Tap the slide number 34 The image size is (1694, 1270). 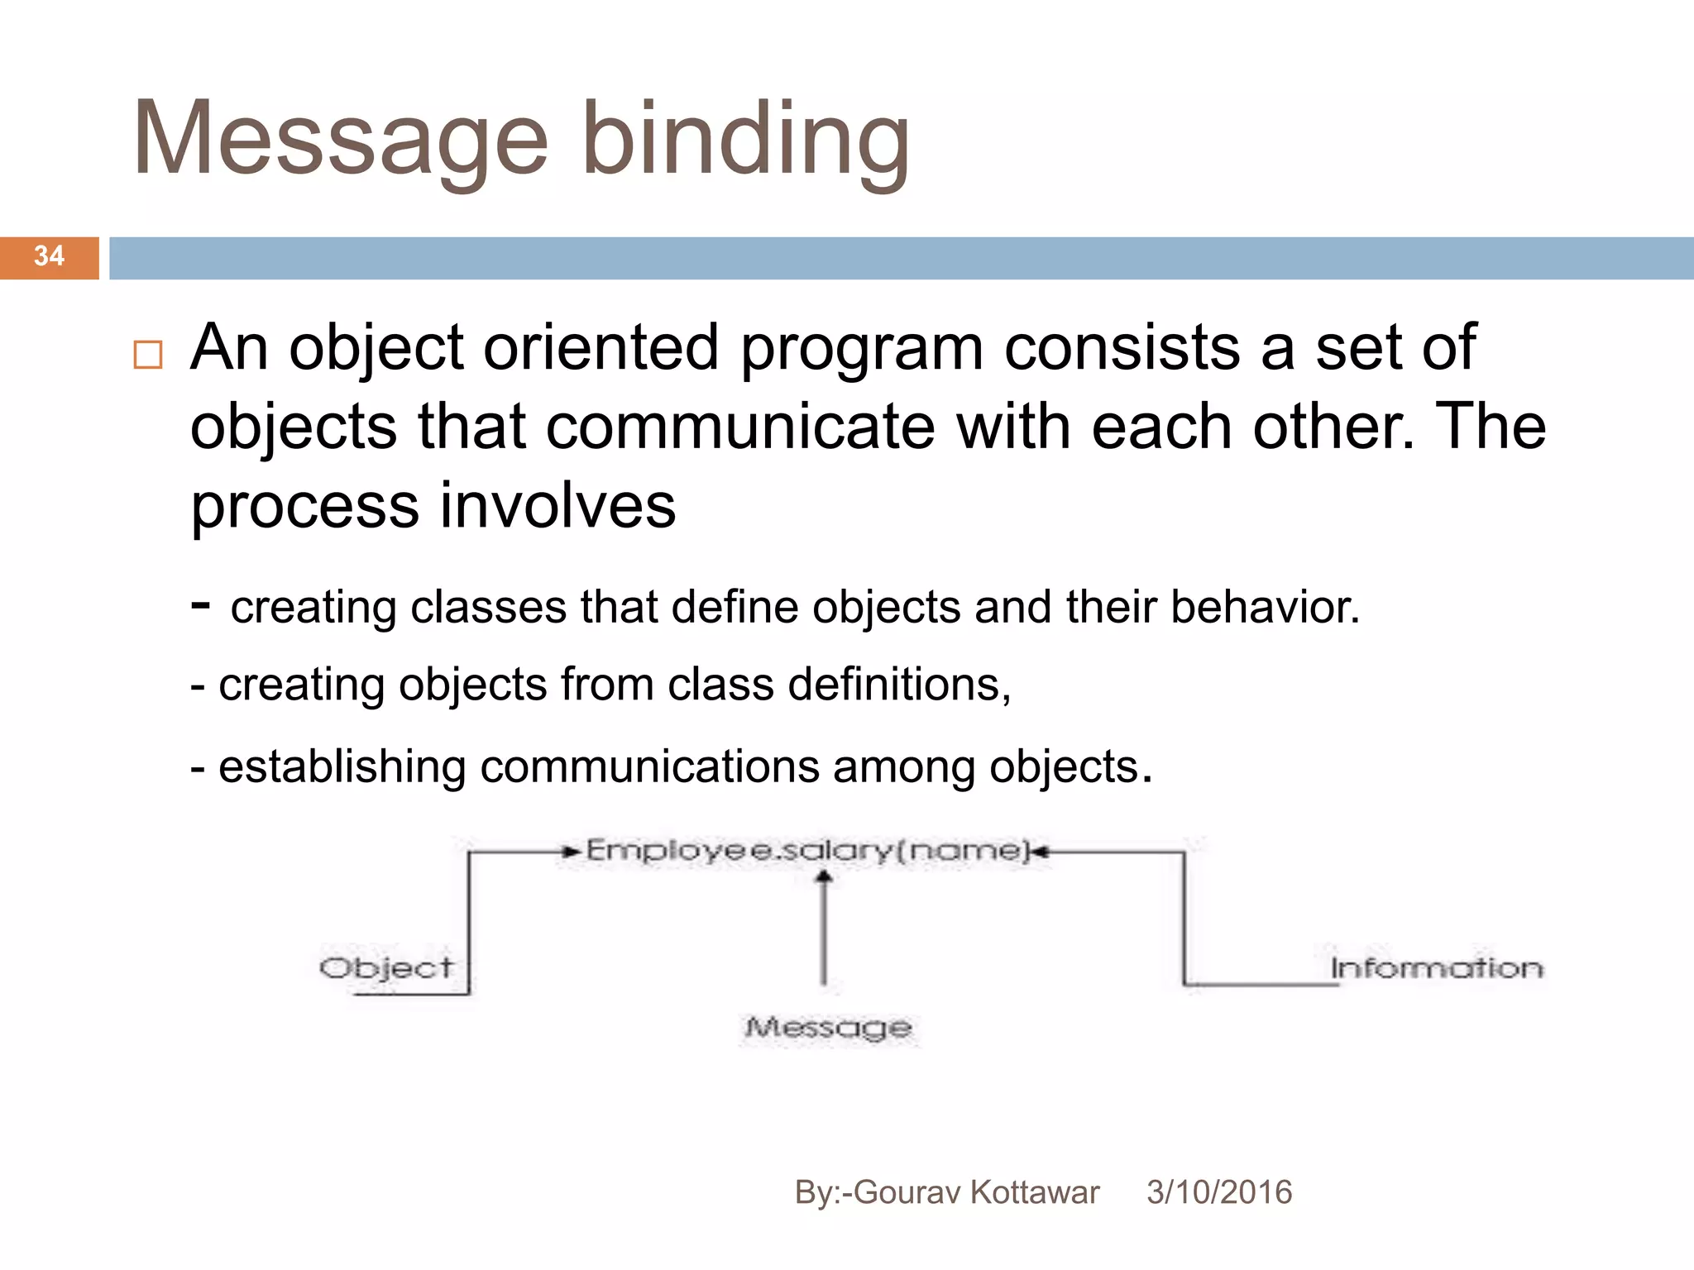tap(49, 256)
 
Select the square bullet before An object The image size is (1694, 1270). tap(148, 355)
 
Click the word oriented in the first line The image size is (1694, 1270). tap(601, 347)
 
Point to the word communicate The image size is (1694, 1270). tap(739, 427)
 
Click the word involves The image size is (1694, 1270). tap(557, 506)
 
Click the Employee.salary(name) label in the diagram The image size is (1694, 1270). tap(806, 850)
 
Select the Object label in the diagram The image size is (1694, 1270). tap(386, 968)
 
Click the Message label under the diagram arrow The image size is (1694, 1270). tap(828, 1028)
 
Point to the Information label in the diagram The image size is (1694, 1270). tap(1436, 968)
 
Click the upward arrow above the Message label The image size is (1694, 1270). tap(823, 926)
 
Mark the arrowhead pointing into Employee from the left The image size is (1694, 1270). tap(571, 851)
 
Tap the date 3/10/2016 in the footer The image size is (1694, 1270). tap(1218, 1192)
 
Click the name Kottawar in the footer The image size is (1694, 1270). tap(1034, 1192)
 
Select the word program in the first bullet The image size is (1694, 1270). tap(861, 347)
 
